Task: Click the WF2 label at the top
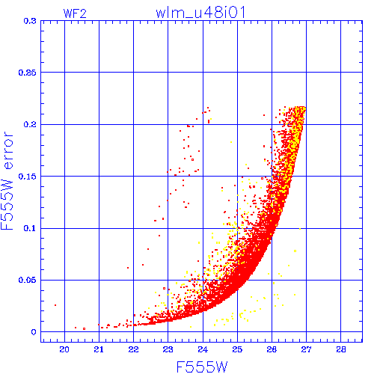[x=75, y=13]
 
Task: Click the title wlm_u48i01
[x=200, y=13]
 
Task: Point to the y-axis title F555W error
[x=7, y=181]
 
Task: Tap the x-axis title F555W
[x=202, y=367]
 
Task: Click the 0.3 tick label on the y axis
[x=30, y=21]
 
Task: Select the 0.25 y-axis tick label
[x=28, y=73]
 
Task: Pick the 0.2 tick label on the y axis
[x=30, y=124]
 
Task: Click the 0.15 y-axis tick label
[x=28, y=177]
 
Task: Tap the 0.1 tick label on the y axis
[x=30, y=228]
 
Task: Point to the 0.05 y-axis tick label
[x=28, y=280]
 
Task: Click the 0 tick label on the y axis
[x=34, y=332]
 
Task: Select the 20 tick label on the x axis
[x=64, y=349]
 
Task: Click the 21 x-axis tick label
[x=99, y=349]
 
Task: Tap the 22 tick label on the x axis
[x=133, y=349]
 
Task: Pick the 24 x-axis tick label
[x=203, y=349]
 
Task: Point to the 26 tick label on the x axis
[x=272, y=349]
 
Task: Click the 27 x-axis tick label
[x=306, y=349]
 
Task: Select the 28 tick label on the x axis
[x=341, y=349]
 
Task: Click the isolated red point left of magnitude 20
[x=55, y=305]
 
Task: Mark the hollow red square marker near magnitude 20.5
[x=85, y=329]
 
